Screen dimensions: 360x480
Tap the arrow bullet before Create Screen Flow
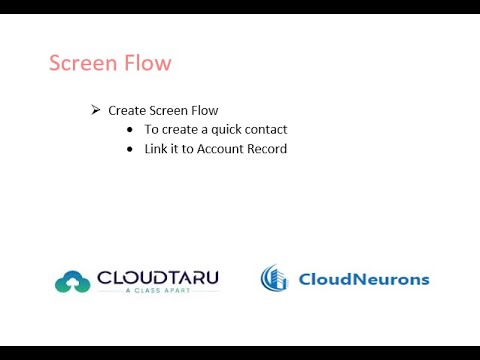pos(96,110)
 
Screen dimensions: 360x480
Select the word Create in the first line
pos(127,110)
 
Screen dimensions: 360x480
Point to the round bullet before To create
pos(131,130)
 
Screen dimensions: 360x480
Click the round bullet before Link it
pos(131,149)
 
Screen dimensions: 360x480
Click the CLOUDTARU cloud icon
pos(72,282)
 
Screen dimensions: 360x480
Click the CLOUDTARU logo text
pos(157,277)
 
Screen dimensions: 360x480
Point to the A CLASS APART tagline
pos(157,292)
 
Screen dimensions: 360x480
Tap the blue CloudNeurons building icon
pos(276,279)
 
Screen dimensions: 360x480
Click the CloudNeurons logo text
pos(364,279)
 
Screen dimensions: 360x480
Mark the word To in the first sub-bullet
pos(151,130)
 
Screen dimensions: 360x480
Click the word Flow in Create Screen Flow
pos(205,110)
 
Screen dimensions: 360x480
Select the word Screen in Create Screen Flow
pos(169,110)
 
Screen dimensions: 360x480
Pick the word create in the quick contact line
pos(179,130)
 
